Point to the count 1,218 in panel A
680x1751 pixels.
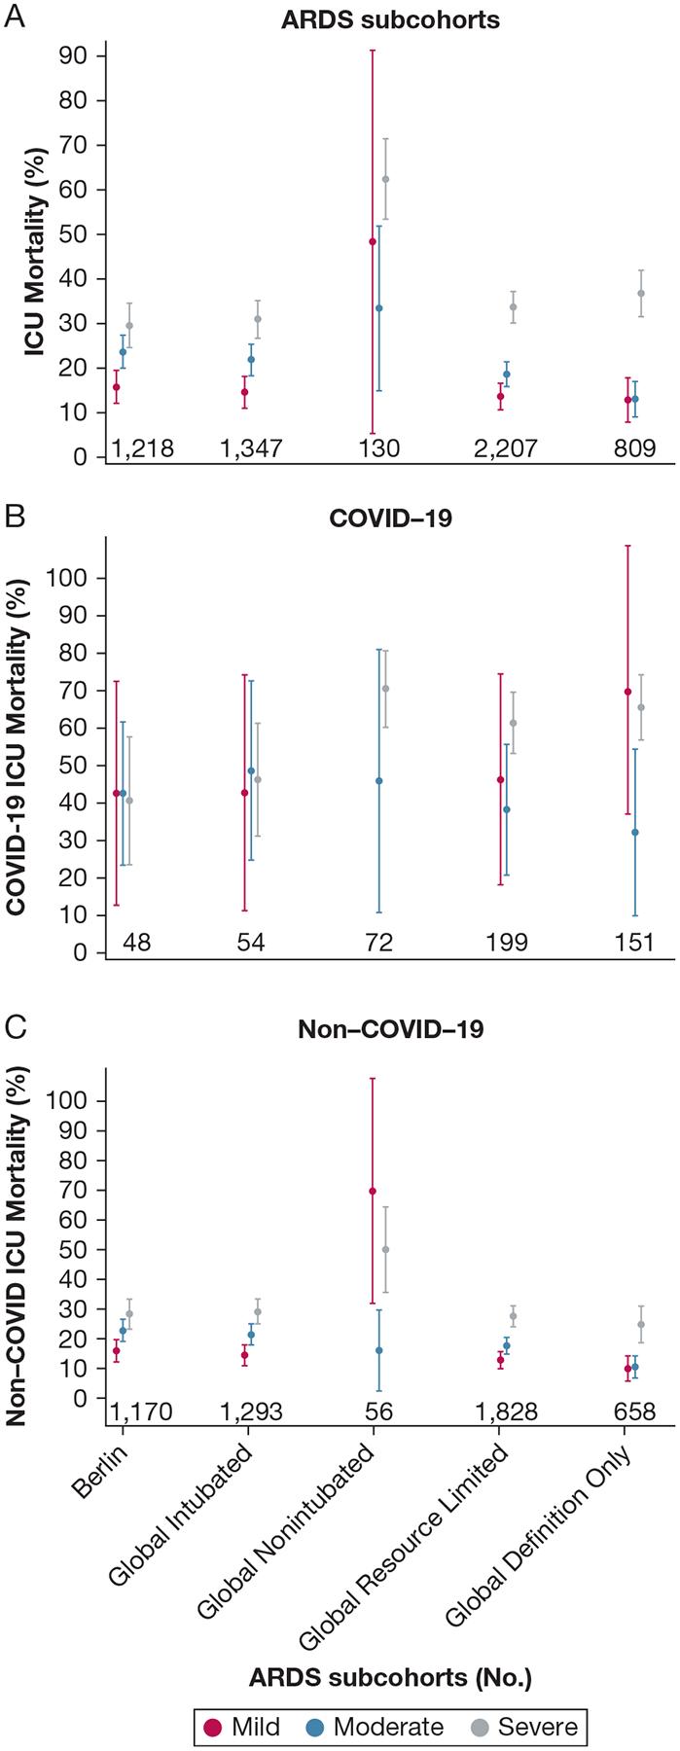(142, 448)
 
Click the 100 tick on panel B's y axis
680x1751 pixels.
(68, 577)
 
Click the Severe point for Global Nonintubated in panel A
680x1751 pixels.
(385, 179)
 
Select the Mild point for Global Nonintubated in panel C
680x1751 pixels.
(373, 1191)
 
